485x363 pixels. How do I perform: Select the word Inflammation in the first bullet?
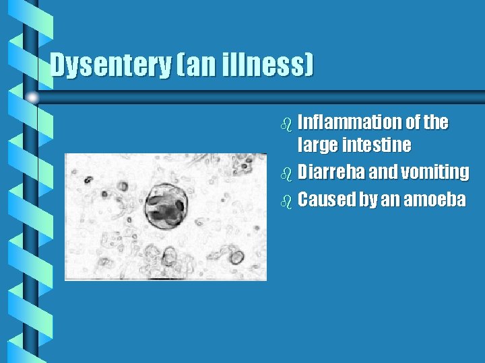(349, 122)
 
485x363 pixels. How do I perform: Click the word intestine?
(377, 145)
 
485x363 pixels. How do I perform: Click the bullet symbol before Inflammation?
(287, 124)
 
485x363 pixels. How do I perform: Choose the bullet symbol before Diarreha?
(287, 173)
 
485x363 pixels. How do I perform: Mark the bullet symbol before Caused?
(287, 201)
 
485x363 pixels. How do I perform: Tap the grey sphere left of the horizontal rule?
(32, 98)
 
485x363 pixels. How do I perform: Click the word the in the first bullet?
(436, 122)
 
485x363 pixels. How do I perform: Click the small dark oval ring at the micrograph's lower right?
(237, 257)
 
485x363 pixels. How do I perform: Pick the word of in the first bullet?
(413, 122)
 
